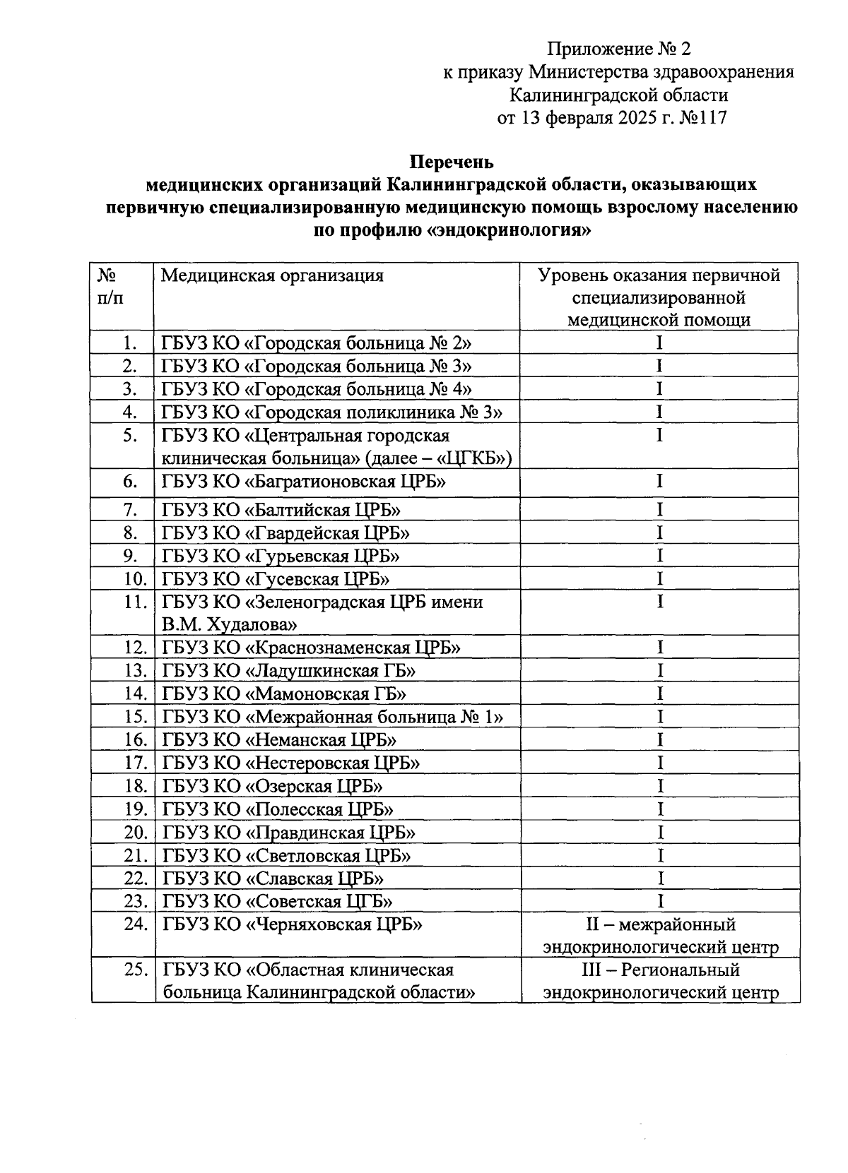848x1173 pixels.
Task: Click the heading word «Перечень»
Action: [452, 162]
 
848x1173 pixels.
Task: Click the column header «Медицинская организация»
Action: [272, 275]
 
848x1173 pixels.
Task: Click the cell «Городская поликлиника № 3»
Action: [331, 412]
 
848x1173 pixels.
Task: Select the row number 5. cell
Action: [129, 435]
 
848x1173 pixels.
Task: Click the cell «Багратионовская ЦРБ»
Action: [304, 482]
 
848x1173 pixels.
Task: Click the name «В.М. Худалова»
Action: [229, 625]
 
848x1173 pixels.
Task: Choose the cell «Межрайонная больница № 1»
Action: [332, 717]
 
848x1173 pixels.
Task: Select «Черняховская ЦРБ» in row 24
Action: [292, 924]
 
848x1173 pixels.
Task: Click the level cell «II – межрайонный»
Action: [660, 924]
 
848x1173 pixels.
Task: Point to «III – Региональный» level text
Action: [660, 970]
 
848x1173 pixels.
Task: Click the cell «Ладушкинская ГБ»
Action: [288, 671]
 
